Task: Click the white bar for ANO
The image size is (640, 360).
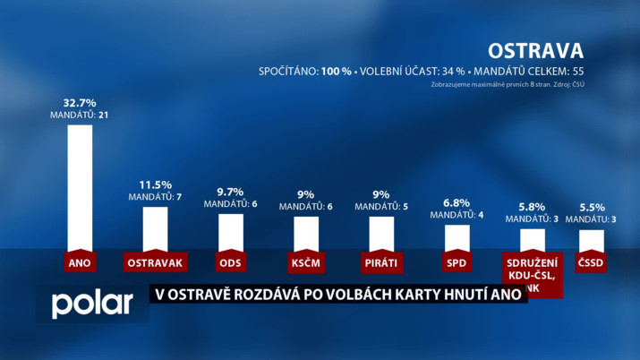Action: click(x=80, y=186)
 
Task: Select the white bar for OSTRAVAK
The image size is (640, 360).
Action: click(x=156, y=228)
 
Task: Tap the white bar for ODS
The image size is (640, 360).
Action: click(x=231, y=232)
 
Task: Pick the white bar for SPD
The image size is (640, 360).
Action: click(x=457, y=237)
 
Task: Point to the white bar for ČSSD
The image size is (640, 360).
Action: click(x=592, y=240)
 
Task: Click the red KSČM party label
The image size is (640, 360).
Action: click(x=306, y=262)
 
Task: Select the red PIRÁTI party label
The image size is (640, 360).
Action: click(x=381, y=262)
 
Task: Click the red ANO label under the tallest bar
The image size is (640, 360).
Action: click(x=80, y=262)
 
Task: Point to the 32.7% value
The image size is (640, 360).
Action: click(x=80, y=103)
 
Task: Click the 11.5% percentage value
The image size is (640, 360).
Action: click(x=155, y=184)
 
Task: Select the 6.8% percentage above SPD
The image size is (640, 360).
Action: click(x=457, y=201)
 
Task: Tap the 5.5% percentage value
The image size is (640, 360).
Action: click(x=592, y=206)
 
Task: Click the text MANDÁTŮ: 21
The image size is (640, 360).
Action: click(x=80, y=116)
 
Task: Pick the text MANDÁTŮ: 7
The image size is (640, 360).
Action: click(x=155, y=197)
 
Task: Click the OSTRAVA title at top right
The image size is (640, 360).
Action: click(x=535, y=49)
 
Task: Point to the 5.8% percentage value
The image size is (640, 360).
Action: click(x=532, y=205)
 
